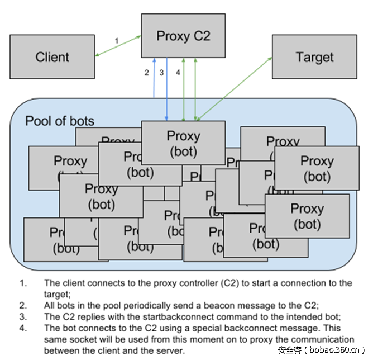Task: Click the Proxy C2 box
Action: click(183, 36)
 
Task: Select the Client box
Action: click(52, 57)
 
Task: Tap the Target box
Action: click(314, 57)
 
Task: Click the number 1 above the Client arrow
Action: click(117, 41)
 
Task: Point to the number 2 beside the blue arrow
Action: click(147, 73)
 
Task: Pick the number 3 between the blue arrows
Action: click(161, 73)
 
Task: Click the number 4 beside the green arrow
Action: click(178, 73)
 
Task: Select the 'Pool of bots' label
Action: click(60, 121)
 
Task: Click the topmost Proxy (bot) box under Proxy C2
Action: click(183, 143)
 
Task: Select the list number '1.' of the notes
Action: click(23, 283)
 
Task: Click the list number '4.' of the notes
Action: click(23, 328)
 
